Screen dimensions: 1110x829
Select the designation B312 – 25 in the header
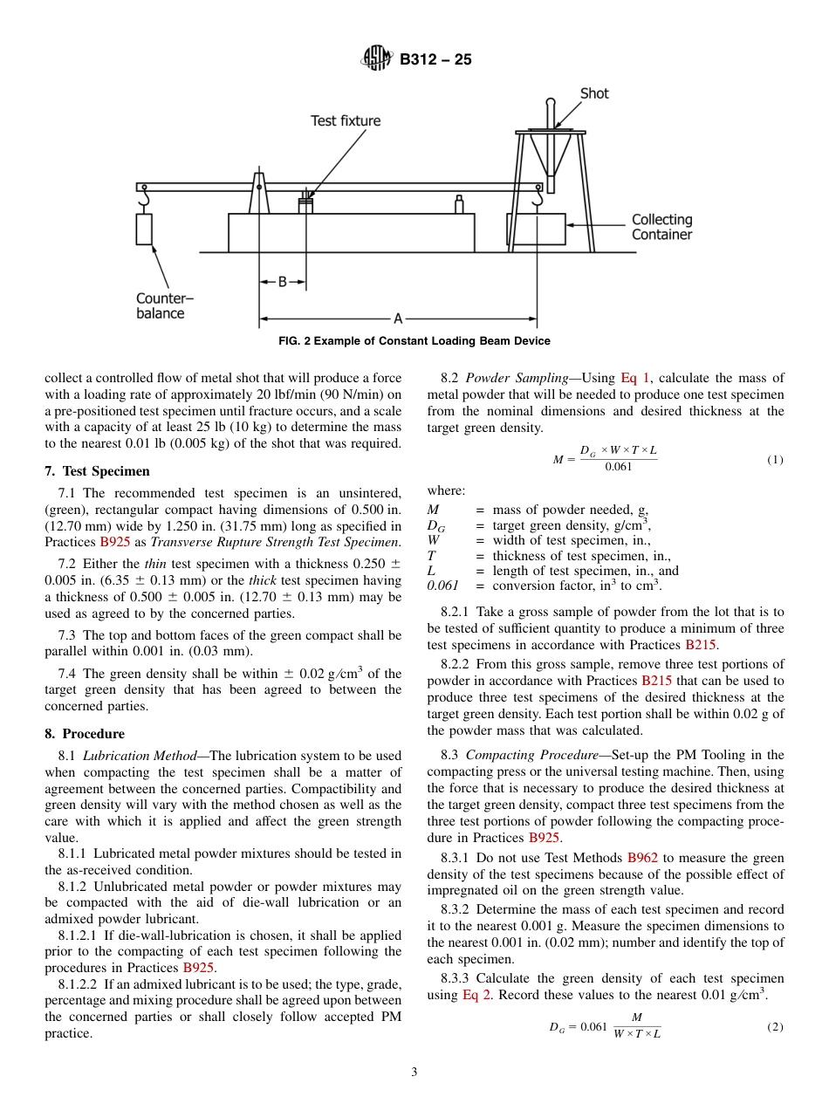click(x=435, y=60)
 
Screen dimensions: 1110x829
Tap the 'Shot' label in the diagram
click(x=594, y=93)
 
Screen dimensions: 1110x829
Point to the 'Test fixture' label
click(x=346, y=120)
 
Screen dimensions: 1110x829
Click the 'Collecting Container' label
click(x=661, y=227)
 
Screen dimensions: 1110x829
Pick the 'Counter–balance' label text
click(x=164, y=305)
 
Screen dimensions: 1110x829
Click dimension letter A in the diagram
click(x=397, y=319)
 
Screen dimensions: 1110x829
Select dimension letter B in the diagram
click(x=282, y=282)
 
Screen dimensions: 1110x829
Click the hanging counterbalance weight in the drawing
click(x=144, y=229)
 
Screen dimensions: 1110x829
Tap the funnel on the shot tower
click(x=550, y=152)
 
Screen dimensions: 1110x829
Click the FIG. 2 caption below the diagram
click(x=414, y=341)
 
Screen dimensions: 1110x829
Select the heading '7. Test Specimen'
click(x=97, y=471)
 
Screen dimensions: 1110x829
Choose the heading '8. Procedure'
click(x=85, y=734)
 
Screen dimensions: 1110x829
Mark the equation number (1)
click(x=775, y=459)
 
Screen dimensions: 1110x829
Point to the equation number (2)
click(x=775, y=1027)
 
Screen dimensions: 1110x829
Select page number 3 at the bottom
click(x=414, y=1072)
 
